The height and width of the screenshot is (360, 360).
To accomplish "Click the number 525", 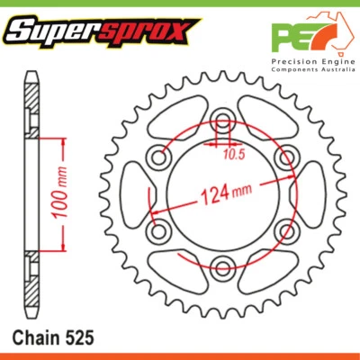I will pos(78,337).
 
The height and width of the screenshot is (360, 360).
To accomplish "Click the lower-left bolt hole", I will pos(160,230).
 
